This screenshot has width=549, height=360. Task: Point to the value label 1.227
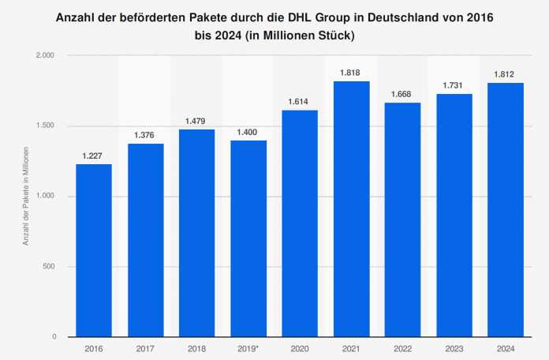(94, 156)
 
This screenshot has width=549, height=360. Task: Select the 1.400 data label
(248, 132)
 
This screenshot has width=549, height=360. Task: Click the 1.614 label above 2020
(299, 102)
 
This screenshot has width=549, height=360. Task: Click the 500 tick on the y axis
(50, 267)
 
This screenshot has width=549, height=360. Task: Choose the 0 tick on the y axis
(54, 337)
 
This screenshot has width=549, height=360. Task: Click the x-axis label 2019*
(248, 348)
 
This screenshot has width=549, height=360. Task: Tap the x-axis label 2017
(145, 348)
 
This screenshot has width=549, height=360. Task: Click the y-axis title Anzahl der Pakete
(25, 197)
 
